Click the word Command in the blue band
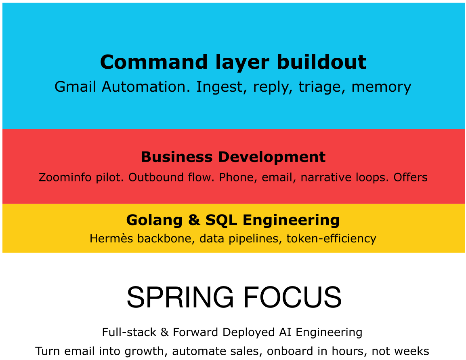(x=153, y=62)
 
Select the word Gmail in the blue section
(x=75, y=87)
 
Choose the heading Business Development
(x=233, y=157)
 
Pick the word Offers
(x=410, y=177)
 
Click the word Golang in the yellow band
(x=154, y=220)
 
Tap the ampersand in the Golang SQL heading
(x=194, y=220)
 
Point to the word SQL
(x=221, y=220)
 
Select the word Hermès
(x=111, y=238)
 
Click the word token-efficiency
(x=332, y=239)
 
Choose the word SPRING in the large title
(x=180, y=297)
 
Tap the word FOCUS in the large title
(x=292, y=297)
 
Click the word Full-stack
(x=129, y=332)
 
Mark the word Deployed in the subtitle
(x=248, y=333)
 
